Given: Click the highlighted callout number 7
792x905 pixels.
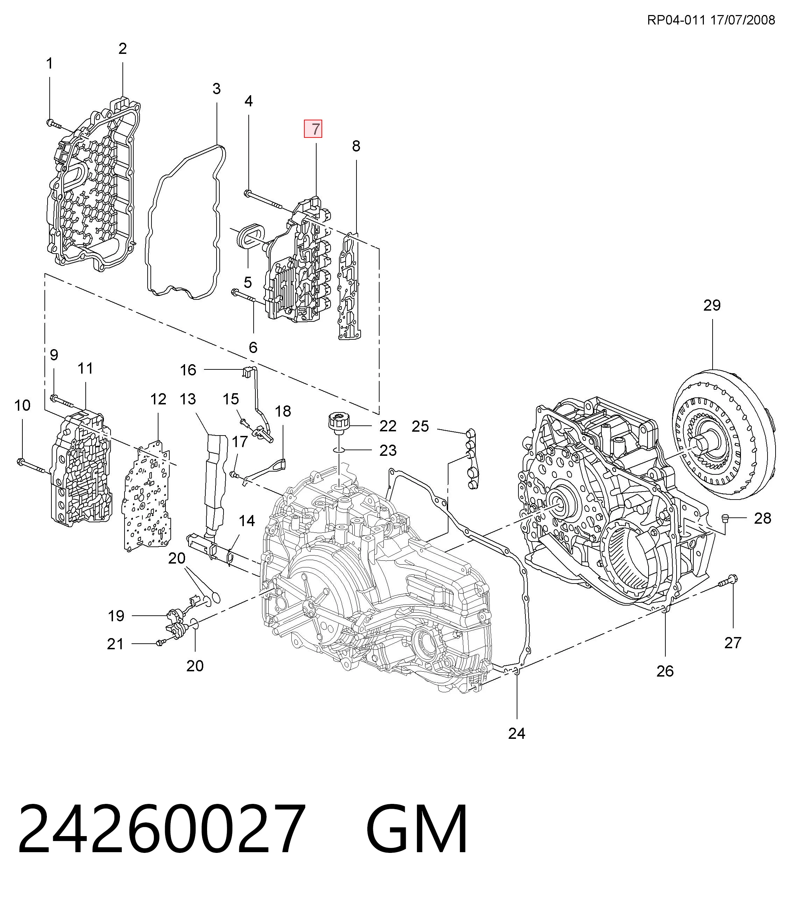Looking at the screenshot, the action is [316, 129].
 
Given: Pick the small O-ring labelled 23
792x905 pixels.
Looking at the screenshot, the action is [339, 450].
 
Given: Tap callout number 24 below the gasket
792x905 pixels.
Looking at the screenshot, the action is [517, 733].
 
